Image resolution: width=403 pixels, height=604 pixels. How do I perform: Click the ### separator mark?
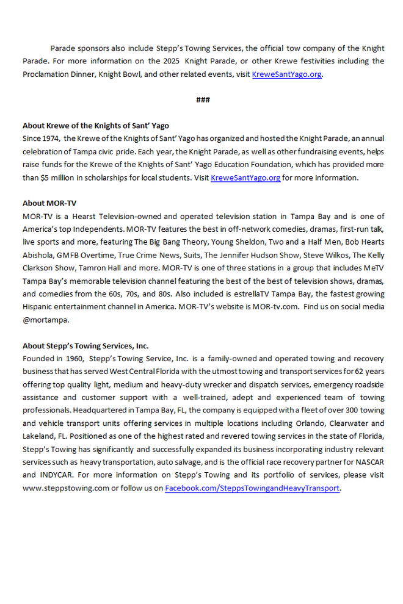(203, 99)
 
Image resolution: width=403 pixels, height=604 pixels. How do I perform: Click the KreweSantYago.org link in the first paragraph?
(286, 74)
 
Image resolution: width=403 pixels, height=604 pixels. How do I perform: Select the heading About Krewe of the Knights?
(96, 126)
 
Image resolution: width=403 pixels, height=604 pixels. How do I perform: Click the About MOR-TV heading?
(49, 203)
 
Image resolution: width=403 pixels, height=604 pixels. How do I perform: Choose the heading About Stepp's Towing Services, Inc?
(85, 345)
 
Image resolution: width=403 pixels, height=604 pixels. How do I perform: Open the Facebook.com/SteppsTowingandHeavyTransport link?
(252, 488)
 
